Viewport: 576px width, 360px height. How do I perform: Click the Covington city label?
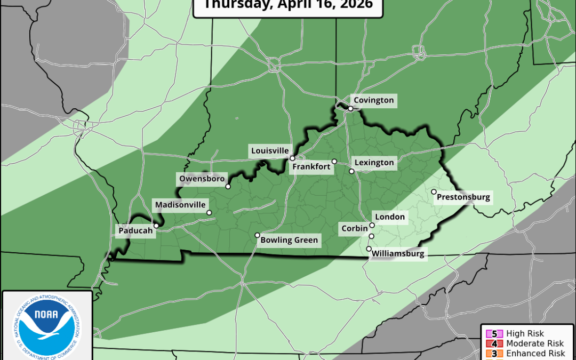(x=373, y=100)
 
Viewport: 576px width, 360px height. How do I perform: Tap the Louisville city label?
(x=270, y=151)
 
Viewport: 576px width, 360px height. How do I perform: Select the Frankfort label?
(x=311, y=167)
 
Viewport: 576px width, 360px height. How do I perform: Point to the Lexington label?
(x=374, y=163)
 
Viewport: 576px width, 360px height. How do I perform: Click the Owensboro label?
(x=202, y=179)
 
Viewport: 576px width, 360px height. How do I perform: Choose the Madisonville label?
(x=180, y=205)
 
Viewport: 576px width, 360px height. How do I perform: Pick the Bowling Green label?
(x=289, y=240)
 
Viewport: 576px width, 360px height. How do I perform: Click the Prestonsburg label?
(x=463, y=197)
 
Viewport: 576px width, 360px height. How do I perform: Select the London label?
(x=390, y=217)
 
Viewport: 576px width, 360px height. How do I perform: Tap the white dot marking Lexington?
(x=351, y=171)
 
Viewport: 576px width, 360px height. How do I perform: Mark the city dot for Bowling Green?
(x=257, y=235)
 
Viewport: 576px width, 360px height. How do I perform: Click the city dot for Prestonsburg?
(x=434, y=192)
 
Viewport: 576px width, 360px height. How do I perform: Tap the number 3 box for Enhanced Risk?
(x=494, y=354)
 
